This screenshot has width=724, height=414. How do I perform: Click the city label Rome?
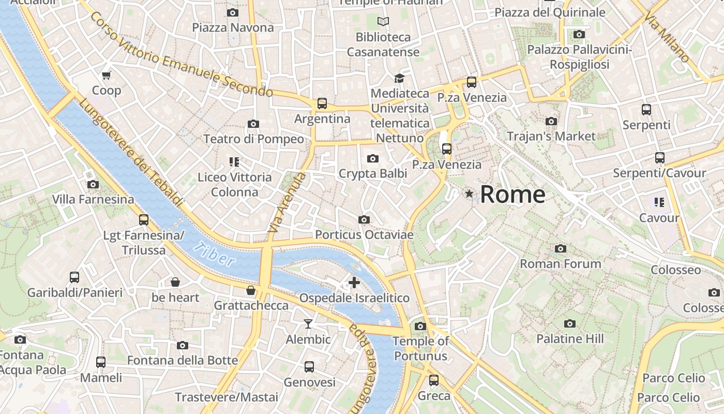point(512,195)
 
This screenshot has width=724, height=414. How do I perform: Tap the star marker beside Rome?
point(469,194)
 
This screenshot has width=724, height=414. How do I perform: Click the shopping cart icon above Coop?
point(107,76)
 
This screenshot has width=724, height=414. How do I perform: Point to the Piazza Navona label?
point(233,27)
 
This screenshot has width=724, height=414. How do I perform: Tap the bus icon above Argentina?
point(322,103)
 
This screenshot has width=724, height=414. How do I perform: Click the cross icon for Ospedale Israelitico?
point(354,283)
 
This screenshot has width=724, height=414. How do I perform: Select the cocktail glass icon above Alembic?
point(308,324)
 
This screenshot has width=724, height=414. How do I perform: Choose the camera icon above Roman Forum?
point(560,249)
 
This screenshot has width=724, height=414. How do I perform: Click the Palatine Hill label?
point(569,339)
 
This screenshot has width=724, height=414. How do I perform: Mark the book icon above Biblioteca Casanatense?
point(383,21)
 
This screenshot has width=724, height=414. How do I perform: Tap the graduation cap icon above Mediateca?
point(399,78)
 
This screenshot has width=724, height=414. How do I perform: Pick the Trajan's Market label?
point(551,136)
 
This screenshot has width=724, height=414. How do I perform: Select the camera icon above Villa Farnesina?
point(93,184)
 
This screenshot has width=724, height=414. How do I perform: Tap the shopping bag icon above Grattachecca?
point(251,290)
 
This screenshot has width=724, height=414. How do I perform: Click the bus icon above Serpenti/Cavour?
point(659,158)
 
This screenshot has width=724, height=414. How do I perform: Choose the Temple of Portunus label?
point(420,349)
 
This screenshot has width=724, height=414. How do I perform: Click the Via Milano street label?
point(667,37)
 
